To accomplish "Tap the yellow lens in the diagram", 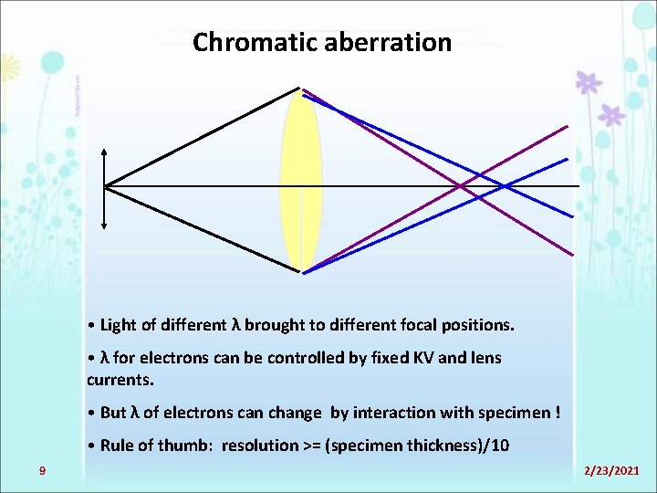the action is (x=301, y=183).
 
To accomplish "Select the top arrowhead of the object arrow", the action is (x=105, y=152).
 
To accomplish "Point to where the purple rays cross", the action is (x=463, y=186).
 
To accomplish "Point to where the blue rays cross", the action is (x=505, y=186).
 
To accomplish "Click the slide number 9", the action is (x=42, y=470).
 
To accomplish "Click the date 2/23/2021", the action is (x=611, y=470).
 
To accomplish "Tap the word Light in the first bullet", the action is (x=118, y=325).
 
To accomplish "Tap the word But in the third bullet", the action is (x=113, y=413).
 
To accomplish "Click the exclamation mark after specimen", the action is (x=558, y=413).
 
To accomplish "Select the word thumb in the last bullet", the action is (x=193, y=446).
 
